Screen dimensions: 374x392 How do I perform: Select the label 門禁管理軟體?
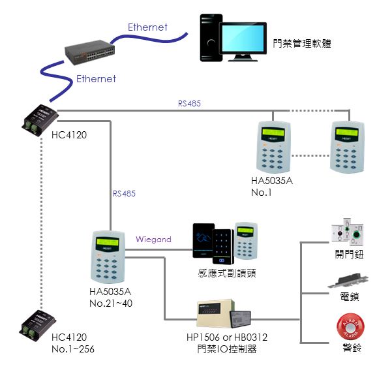coord(303,44)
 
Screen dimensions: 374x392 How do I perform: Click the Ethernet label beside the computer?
coord(147,27)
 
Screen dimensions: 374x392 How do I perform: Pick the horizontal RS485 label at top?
coord(189,103)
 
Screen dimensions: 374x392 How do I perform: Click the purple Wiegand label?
coord(153,240)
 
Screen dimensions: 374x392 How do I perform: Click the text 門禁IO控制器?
coord(226,349)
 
